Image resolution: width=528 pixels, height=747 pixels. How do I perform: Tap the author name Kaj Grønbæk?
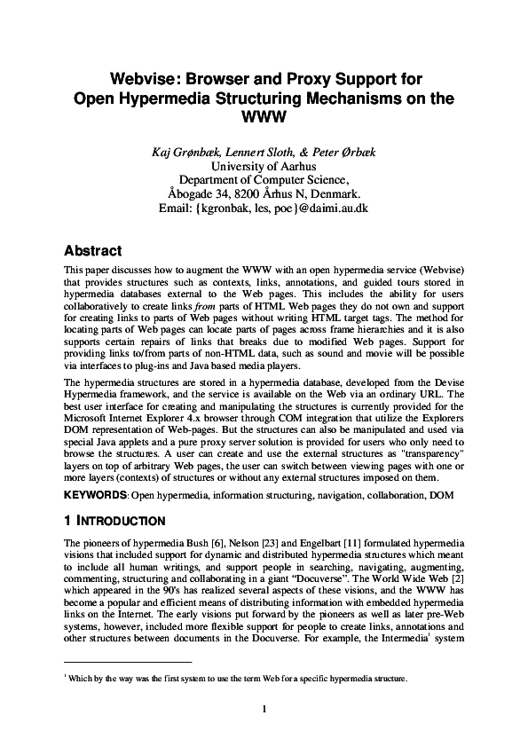pyautogui.click(x=186, y=152)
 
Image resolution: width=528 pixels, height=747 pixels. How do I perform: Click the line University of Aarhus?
pyautogui.click(x=264, y=166)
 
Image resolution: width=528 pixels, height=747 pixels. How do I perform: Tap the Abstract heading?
pyautogui.click(x=93, y=250)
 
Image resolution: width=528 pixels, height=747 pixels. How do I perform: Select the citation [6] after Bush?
pyautogui.click(x=204, y=541)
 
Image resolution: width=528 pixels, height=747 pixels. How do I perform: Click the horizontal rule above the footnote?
pyautogui.click(x=129, y=662)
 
